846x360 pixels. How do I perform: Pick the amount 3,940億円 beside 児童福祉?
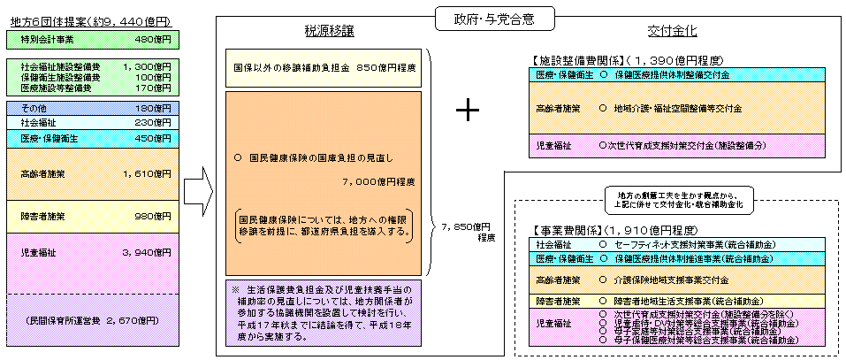coord(149,252)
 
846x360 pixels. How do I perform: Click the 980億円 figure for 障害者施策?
coord(153,216)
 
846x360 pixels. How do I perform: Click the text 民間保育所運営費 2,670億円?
coord(91,318)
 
